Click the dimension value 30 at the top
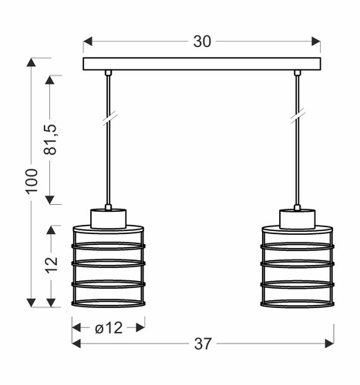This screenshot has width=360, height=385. tap(202, 42)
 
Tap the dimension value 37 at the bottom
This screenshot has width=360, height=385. tap(202, 343)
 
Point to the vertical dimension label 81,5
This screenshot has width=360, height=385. tap(52, 139)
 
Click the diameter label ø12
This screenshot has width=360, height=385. tap(108, 328)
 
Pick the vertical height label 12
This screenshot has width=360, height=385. tap(52, 264)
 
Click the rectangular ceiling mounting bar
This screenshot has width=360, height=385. tap(202, 63)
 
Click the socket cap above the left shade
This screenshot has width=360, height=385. tap(108, 218)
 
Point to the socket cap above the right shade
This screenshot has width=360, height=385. tap(297, 218)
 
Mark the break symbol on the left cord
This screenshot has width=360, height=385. tap(108, 116)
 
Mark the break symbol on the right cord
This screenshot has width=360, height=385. tap(297, 116)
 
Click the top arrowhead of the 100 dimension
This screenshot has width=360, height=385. tap(32, 62)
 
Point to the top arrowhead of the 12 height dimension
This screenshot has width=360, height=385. tap(52, 229)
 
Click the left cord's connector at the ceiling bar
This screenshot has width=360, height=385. tap(108, 73)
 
